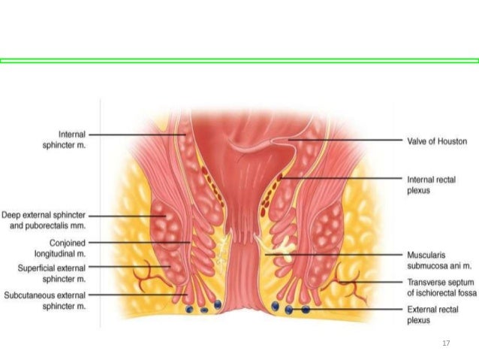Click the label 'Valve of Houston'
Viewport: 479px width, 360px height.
pyautogui.click(x=436, y=141)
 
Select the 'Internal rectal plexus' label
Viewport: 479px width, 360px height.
pyautogui.click(x=430, y=185)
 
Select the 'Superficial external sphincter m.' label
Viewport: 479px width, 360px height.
pyautogui.click(x=50, y=271)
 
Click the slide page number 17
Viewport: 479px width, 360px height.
pyautogui.click(x=446, y=343)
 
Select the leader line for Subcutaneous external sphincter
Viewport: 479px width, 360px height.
pyautogui.click(x=135, y=295)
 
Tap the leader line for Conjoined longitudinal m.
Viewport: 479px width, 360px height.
pyautogui.click(x=139, y=243)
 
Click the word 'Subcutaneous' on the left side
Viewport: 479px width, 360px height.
pyautogui.click(x=31, y=295)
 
